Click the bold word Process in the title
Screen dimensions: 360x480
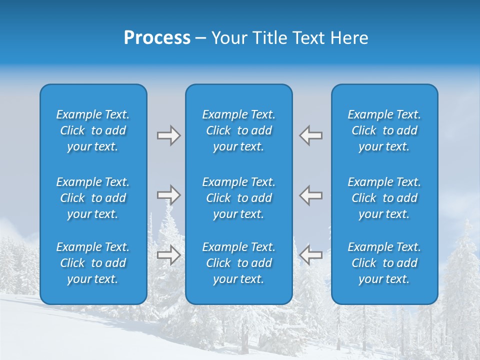tap(157, 38)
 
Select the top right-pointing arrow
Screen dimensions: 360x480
tap(168, 135)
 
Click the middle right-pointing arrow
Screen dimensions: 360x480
tap(168, 194)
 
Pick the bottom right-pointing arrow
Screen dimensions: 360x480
tap(168, 254)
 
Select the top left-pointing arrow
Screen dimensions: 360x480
tap(310, 135)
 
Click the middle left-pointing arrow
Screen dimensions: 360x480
tap(310, 194)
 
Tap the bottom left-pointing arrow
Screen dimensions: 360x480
tap(310, 254)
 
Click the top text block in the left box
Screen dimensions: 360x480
tap(93, 130)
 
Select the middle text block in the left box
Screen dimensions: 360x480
tap(93, 198)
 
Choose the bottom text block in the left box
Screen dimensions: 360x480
tap(93, 263)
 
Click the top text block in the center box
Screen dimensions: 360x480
tap(239, 130)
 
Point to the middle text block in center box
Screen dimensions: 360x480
tap(239, 198)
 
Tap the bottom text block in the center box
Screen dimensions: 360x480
tap(239, 263)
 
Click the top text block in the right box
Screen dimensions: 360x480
tap(384, 130)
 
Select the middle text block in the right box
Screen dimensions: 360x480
tap(384, 198)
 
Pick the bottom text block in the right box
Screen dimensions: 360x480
tap(384, 263)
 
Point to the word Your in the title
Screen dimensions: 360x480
tap(228, 38)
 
